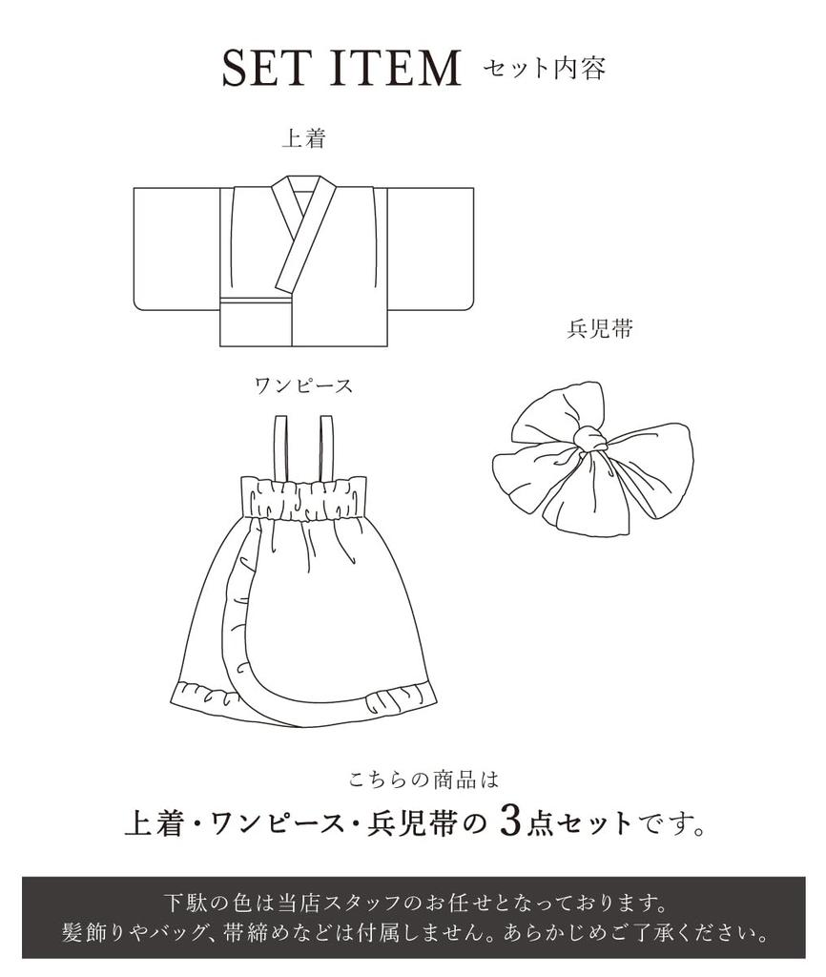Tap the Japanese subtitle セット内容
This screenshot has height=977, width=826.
(x=544, y=69)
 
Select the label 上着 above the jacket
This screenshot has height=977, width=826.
(x=303, y=139)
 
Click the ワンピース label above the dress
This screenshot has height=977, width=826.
(x=303, y=386)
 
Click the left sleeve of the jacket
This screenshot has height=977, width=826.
(x=176, y=246)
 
